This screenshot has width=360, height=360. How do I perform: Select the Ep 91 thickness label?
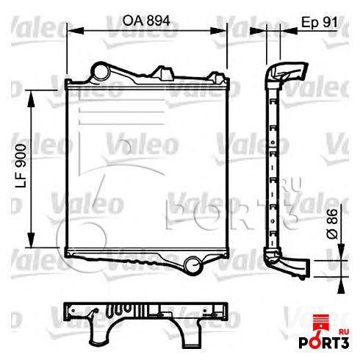click(x=320, y=22)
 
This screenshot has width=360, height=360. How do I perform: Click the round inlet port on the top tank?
click(x=98, y=71)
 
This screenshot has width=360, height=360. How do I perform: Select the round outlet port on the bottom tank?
click(x=192, y=262)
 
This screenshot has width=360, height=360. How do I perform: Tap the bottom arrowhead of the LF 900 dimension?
click(x=30, y=245)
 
